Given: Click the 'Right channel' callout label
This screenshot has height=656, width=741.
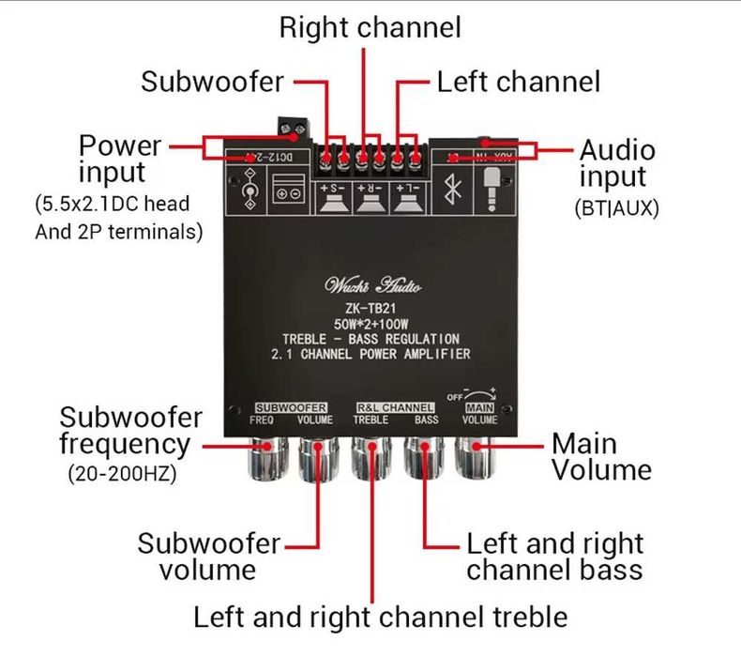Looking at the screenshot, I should tap(370, 27).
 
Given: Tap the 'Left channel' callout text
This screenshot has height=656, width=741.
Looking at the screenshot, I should tap(518, 82).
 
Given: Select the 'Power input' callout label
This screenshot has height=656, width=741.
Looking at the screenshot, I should tap(119, 159).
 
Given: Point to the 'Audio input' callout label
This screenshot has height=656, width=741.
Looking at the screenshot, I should tap(615, 163).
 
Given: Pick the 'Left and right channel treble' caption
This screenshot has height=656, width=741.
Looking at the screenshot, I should tap(380, 617).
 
